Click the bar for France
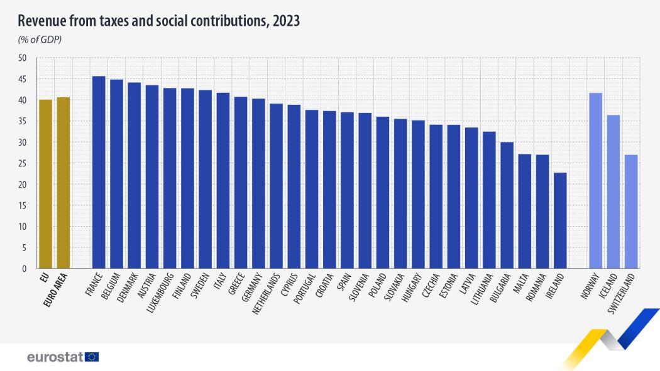click(x=99, y=173)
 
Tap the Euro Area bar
click(x=63, y=183)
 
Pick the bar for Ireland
click(x=560, y=220)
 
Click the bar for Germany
click(x=258, y=183)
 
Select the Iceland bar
click(x=613, y=191)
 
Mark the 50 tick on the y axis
click(x=23, y=58)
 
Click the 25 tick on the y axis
click(x=23, y=163)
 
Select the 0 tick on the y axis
click(x=25, y=269)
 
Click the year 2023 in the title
click(x=286, y=21)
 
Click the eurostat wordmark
click(x=55, y=357)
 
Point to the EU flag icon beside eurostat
click(x=92, y=357)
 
